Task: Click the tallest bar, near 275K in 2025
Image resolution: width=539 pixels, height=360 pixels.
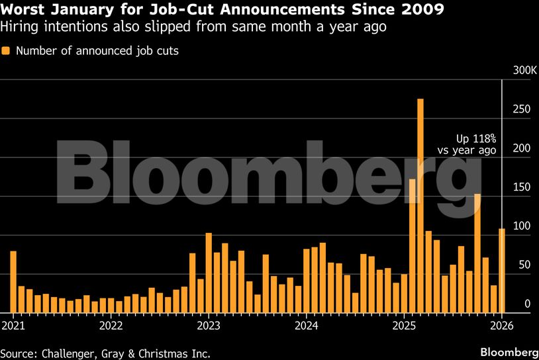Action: (420, 205)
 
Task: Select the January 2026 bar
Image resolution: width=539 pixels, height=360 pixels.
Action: (502, 271)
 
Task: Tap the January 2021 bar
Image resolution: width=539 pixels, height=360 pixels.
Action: (13, 282)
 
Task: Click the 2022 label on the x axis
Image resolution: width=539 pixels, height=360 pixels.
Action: (111, 325)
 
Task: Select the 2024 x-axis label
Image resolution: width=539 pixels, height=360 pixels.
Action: (307, 325)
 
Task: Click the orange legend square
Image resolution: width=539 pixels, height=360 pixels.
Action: (5, 50)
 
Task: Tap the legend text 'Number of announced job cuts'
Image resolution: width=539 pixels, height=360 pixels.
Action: (97, 50)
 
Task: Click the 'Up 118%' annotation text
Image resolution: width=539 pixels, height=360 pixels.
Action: (475, 139)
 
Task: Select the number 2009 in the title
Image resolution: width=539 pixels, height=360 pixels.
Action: (425, 11)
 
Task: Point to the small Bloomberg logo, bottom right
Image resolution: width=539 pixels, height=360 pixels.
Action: (508, 350)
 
